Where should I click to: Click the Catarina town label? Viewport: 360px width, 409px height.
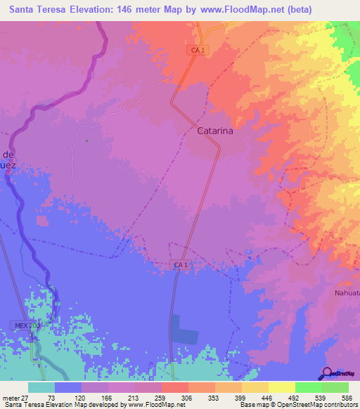(x=214, y=131)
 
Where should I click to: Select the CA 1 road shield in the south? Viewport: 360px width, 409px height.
(x=181, y=264)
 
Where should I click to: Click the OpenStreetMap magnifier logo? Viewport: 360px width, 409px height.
(x=327, y=373)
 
